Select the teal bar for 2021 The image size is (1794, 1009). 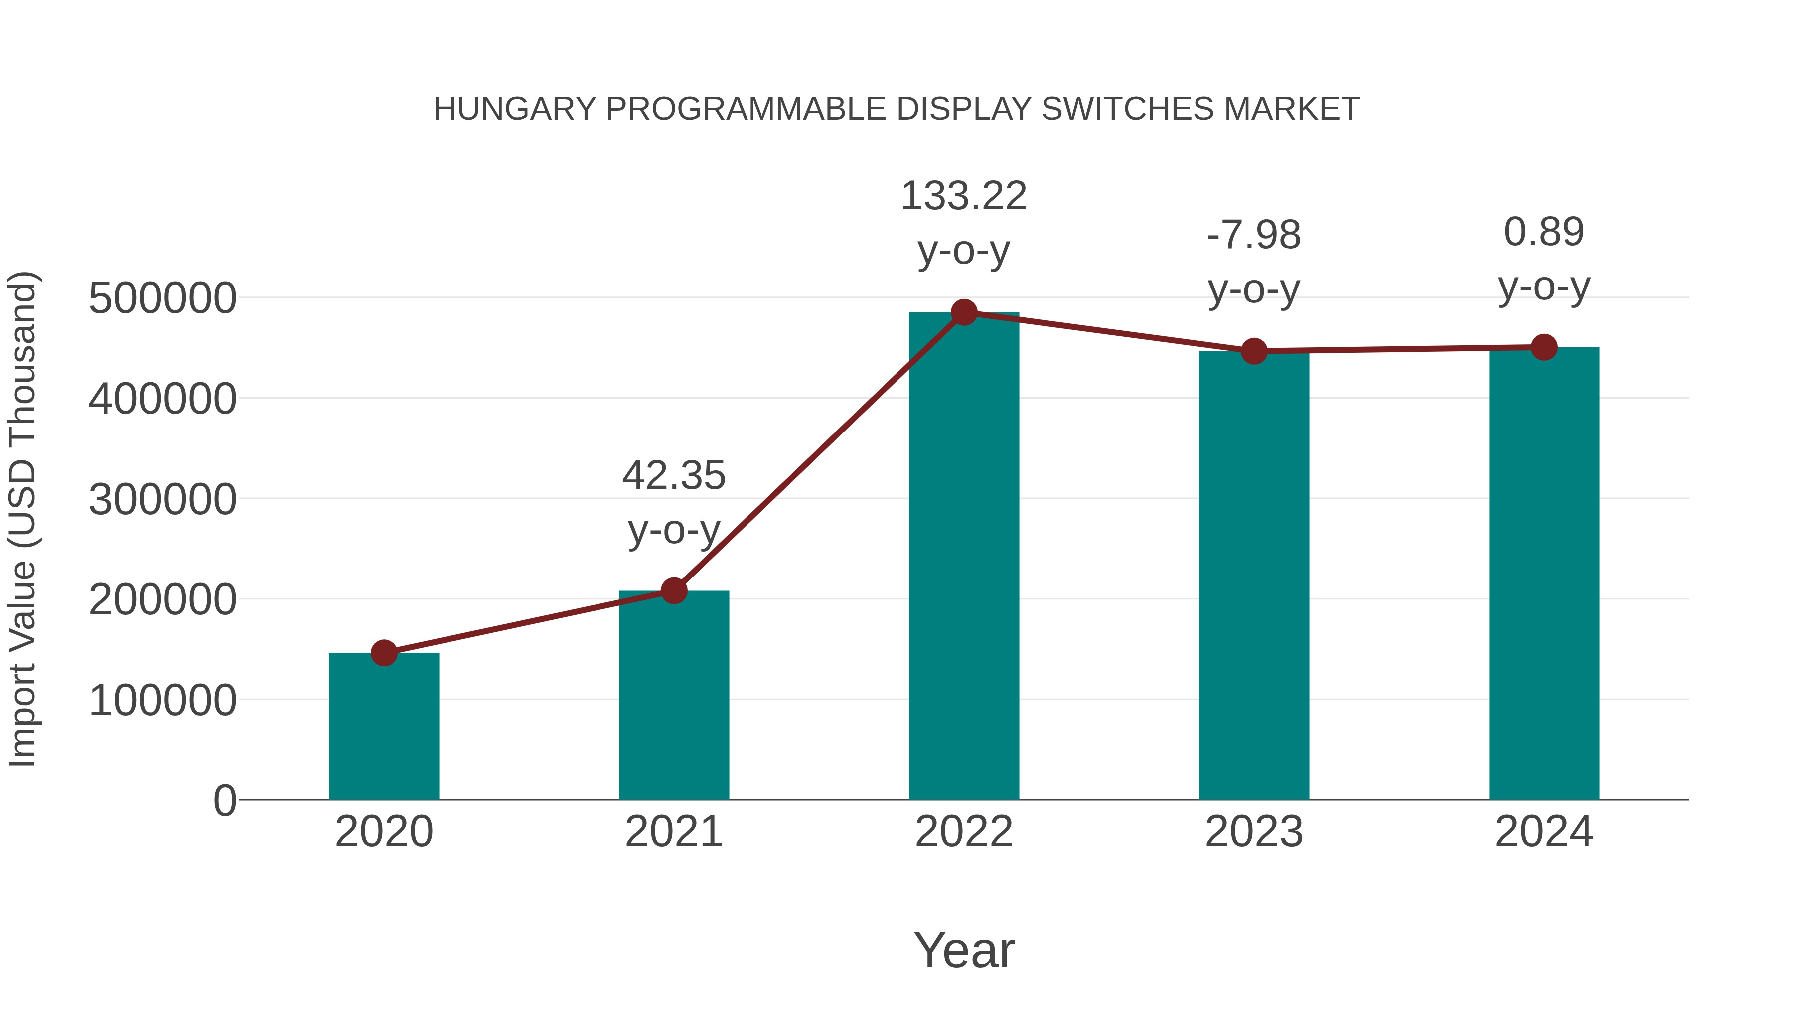[x=673, y=697]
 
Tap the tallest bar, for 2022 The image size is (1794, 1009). [x=964, y=557]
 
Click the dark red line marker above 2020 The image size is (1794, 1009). [x=384, y=653]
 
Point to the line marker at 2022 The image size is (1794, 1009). [x=964, y=312]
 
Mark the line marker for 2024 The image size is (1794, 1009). [x=1544, y=347]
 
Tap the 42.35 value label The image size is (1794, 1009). [x=673, y=476]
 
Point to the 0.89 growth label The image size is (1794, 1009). [x=1544, y=233]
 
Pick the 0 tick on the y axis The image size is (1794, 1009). [x=225, y=801]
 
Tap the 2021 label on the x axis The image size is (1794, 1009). [x=673, y=832]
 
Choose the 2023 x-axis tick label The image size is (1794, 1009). [x=1254, y=832]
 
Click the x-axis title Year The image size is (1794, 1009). [x=964, y=951]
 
